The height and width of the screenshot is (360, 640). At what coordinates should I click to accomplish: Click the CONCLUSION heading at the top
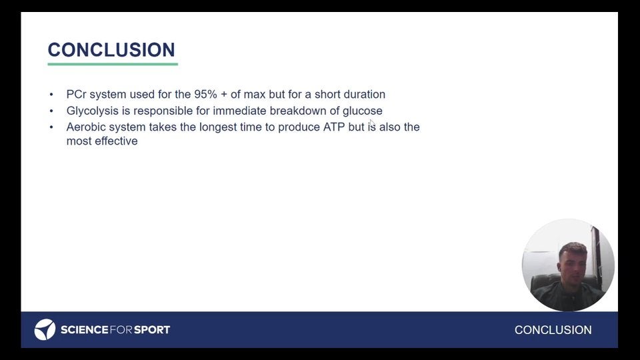coord(111,50)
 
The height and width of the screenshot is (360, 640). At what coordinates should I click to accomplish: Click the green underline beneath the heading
coord(113,64)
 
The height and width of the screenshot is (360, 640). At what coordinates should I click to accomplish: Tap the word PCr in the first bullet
coord(76,94)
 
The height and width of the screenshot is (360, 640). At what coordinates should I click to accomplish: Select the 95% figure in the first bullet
coord(205,94)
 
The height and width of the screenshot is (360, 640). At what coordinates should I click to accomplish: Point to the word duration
coord(365,94)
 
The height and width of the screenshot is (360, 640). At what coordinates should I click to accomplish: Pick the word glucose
coord(363,111)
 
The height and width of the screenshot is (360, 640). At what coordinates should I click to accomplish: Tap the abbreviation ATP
coord(334,127)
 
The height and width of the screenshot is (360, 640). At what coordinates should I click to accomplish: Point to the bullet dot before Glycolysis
coord(51,111)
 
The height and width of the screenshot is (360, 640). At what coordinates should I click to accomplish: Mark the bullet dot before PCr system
coord(51,95)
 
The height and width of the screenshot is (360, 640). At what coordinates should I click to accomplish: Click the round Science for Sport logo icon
coord(45,329)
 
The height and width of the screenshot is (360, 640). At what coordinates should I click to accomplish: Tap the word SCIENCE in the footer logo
coord(85,330)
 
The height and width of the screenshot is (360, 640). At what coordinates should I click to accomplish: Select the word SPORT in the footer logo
coord(152,330)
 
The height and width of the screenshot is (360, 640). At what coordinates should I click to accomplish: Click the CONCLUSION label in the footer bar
coord(553,330)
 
